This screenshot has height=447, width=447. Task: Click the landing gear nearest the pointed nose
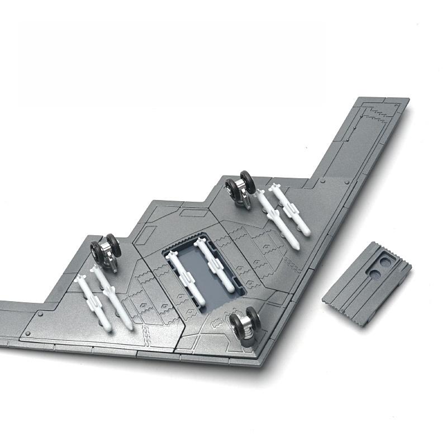[x=246, y=322]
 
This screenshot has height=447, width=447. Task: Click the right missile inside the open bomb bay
[x=215, y=263]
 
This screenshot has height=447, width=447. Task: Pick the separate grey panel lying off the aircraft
[x=366, y=285]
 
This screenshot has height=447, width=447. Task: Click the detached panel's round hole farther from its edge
[x=373, y=273]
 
